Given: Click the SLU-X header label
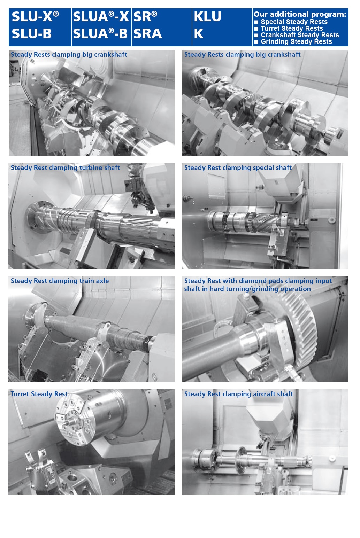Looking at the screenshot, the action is [35, 17].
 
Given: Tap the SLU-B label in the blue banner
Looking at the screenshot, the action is [32, 34].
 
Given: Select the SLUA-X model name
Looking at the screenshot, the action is [101, 17].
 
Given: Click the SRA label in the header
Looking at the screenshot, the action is [148, 34].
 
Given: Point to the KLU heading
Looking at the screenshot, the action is [208, 17].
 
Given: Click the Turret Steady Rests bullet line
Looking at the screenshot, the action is [289, 28].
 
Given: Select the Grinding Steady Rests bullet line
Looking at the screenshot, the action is [293, 41].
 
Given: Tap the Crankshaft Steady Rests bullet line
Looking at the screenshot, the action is [297, 35].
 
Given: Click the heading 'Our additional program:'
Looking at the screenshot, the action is [300, 14].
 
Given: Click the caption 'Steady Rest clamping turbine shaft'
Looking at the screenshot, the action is [66, 167].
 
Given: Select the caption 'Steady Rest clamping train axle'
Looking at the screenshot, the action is [60, 281].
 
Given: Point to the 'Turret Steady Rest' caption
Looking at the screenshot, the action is [39, 394].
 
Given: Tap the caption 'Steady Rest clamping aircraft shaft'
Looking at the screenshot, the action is [239, 394].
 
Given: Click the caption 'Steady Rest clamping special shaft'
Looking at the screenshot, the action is [238, 167].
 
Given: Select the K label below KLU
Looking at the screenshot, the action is [199, 34].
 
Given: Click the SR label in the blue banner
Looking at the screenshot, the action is [145, 17].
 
